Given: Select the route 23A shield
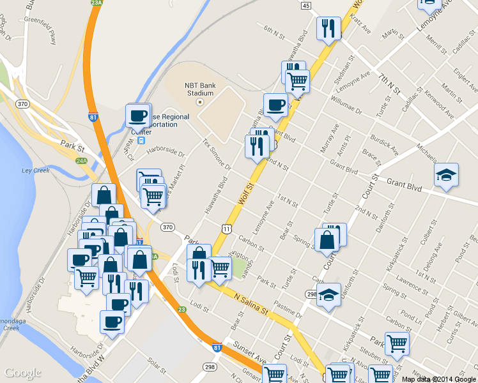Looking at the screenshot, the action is (x=96, y=3).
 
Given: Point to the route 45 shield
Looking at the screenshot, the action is (x=306, y=5).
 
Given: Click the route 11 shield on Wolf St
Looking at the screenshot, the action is (x=227, y=228).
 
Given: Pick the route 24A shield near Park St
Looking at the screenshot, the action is (x=81, y=161).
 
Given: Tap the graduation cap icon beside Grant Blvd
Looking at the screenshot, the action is (x=446, y=174).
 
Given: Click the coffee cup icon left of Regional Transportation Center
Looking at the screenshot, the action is (x=138, y=116).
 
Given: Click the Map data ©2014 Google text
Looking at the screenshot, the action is (x=438, y=379).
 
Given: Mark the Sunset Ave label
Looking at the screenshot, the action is (x=252, y=354).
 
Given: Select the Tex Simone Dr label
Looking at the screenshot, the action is (x=216, y=154).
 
